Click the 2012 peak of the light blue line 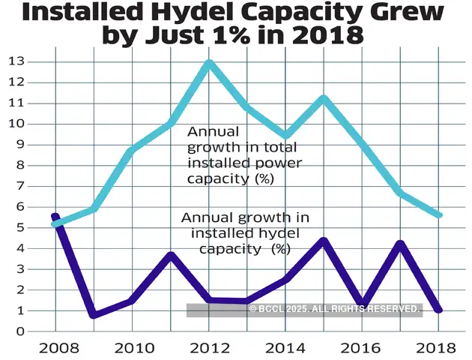point(209,63)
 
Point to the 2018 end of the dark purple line point(439,310)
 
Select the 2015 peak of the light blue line point(324,98)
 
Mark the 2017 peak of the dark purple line point(401,244)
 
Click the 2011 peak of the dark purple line point(171,255)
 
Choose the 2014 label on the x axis point(285,348)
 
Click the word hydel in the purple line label point(244,232)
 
